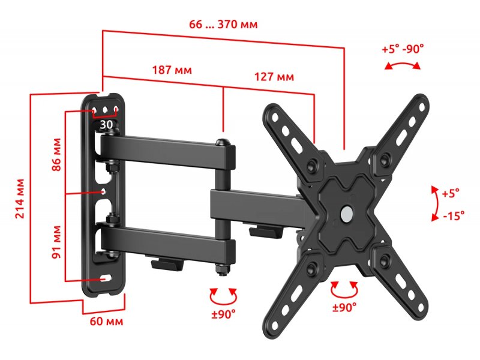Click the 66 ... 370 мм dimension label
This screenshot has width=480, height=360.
click(223, 24)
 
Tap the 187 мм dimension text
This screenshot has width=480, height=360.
click(172, 70)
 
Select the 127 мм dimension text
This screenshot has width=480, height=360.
click(274, 77)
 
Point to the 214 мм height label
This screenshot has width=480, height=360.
click(20, 199)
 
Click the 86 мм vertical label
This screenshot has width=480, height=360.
click(56, 155)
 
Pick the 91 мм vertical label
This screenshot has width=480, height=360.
click(56, 242)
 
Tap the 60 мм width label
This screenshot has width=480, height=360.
click(107, 322)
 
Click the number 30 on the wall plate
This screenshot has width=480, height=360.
click(106, 125)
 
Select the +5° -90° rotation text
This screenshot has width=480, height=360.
click(403, 49)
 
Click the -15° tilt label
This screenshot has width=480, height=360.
click(454, 215)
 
